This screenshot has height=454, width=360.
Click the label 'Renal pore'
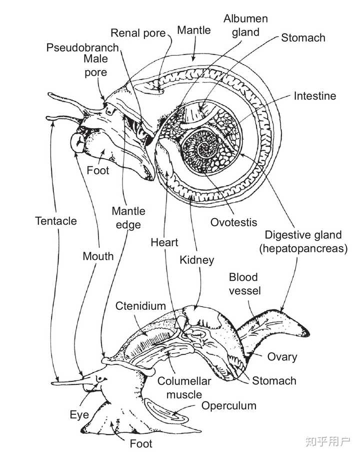[x=138, y=34]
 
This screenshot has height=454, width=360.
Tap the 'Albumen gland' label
[x=246, y=26]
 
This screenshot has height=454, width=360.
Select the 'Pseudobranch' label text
[x=82, y=48]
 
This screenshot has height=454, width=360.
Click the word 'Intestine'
[x=315, y=96]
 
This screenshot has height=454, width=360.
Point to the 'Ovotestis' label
[x=233, y=222]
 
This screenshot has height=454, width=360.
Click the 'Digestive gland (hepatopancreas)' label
[x=303, y=242]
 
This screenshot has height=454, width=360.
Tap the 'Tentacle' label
[x=56, y=221]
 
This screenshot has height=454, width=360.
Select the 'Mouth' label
[x=98, y=256]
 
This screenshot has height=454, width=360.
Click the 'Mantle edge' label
[x=128, y=218]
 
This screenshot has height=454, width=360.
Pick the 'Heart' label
[x=164, y=242]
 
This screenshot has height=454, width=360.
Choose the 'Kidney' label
[x=196, y=260]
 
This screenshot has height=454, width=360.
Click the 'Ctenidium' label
[x=140, y=306]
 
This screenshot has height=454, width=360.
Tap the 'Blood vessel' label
[x=244, y=284]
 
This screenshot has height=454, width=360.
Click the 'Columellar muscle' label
[x=184, y=388]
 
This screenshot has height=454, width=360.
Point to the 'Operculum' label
[x=228, y=405]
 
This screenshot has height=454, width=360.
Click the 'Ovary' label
[x=282, y=357]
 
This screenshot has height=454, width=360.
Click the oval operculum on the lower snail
[x=166, y=411]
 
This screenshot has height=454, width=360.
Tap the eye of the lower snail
[x=100, y=378]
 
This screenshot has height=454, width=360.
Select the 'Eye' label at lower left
[x=79, y=415]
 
